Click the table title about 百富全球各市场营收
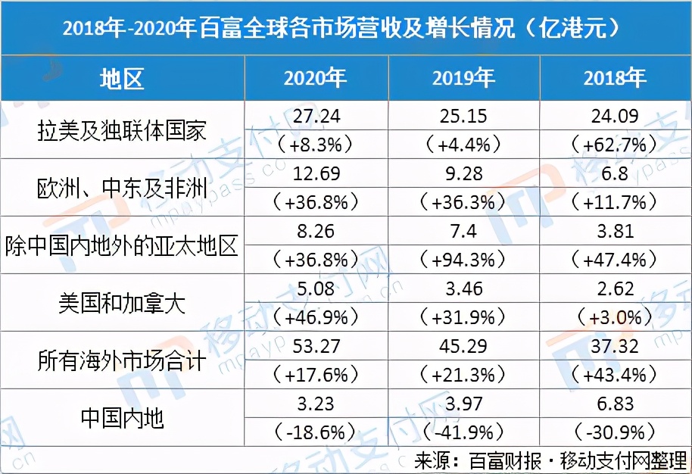point(345,28)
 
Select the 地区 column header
point(122,78)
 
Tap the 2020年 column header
point(316,78)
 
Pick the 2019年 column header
point(464,78)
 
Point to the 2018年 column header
point(615,78)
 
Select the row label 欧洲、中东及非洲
point(122,188)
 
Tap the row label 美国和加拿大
point(122,303)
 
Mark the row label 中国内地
point(122,418)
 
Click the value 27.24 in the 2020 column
point(316,116)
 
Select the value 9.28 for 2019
point(464,173)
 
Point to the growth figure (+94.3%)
point(464,260)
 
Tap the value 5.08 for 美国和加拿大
point(316,288)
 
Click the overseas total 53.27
point(316,346)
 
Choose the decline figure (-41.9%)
point(464,432)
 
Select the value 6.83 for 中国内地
point(615,404)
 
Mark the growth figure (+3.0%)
point(615,317)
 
